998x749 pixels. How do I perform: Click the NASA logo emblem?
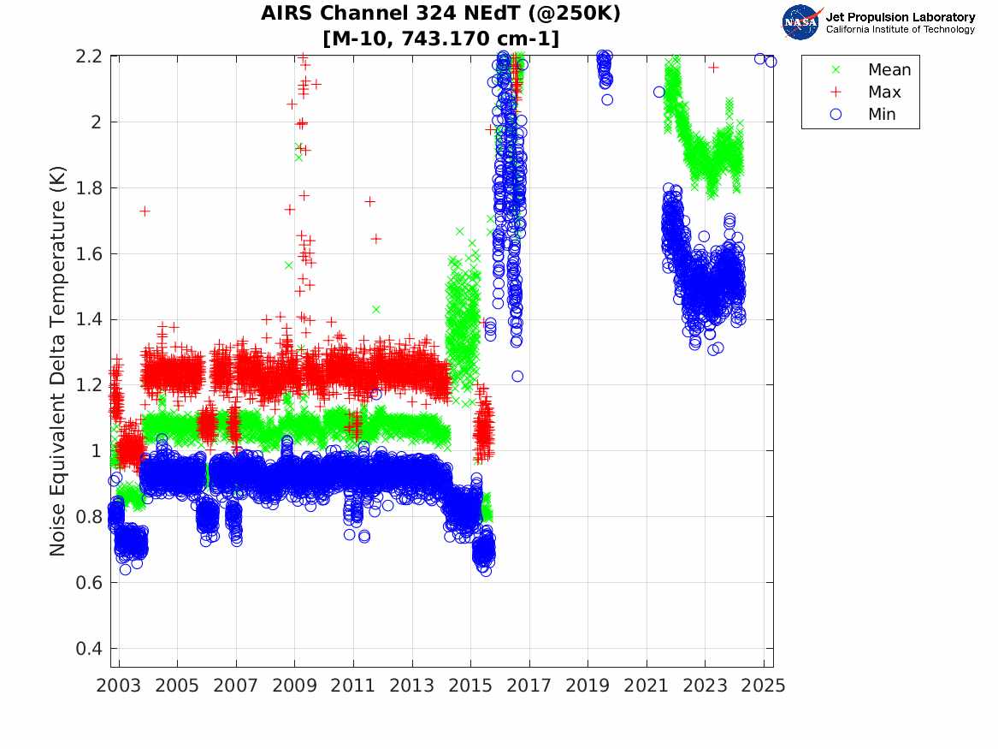801,21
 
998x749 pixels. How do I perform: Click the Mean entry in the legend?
889,70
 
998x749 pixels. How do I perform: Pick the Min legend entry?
882,115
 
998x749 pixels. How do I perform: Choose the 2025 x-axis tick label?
764,686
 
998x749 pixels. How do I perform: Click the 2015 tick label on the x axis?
470,686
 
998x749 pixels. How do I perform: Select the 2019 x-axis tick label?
588,686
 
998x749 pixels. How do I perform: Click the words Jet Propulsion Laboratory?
900,17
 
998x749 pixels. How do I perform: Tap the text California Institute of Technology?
900,29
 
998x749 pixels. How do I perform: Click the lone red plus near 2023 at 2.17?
713,67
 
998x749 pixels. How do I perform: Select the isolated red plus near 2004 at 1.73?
145,211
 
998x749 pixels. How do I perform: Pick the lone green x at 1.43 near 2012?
375,309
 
